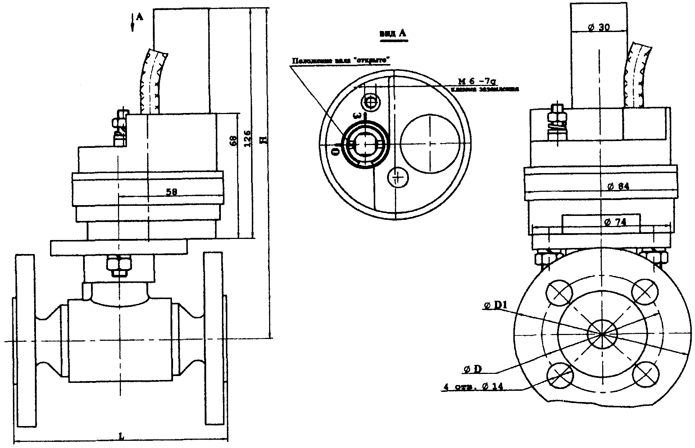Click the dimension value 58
[171, 192]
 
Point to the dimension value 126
[247, 139]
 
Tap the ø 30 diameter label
[599, 27]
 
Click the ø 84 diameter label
[618, 186]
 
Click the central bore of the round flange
[602, 334]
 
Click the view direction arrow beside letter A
[133, 22]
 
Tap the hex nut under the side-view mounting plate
[118, 266]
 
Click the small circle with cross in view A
[398, 177]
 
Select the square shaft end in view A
[365, 144]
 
